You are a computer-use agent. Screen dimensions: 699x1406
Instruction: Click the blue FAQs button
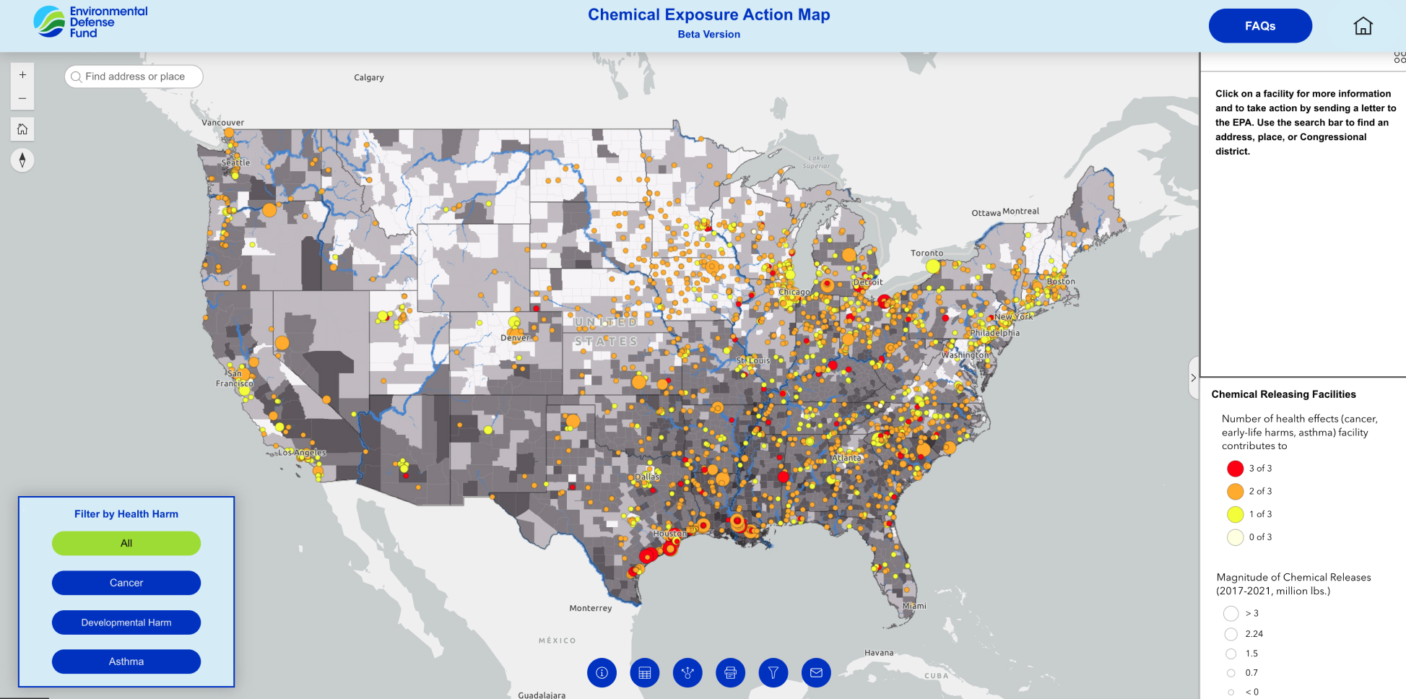click(1260, 26)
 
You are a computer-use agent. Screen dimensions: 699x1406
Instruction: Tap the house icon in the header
click(1363, 26)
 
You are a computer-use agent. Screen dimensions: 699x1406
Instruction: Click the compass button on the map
click(22, 160)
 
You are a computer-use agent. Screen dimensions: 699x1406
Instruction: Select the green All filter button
click(126, 543)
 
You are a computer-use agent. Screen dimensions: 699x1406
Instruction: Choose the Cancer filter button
click(126, 583)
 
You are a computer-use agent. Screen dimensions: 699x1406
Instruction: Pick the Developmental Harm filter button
click(126, 622)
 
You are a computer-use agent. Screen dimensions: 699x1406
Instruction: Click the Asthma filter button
click(126, 661)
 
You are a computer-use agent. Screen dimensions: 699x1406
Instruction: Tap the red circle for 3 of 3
click(1235, 469)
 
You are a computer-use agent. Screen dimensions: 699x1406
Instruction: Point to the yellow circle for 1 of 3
click(1235, 514)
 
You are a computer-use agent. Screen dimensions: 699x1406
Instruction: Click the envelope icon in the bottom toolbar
click(816, 673)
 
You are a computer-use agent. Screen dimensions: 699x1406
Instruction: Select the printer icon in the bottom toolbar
click(730, 673)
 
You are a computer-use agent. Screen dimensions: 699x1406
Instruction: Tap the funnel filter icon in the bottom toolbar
click(773, 673)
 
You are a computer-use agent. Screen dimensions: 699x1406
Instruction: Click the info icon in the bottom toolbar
click(602, 673)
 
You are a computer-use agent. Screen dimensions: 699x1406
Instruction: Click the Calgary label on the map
click(369, 77)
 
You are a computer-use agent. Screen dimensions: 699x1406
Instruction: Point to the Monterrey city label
click(590, 608)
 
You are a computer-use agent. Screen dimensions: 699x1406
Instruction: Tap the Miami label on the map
click(914, 606)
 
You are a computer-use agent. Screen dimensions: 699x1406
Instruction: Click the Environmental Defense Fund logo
click(90, 22)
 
